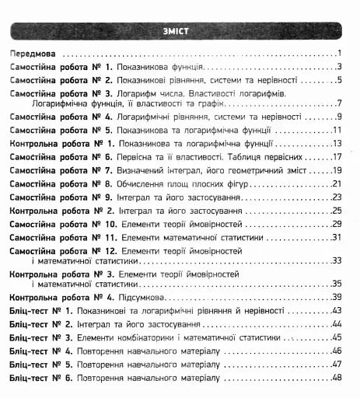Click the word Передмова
[x=35, y=54]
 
